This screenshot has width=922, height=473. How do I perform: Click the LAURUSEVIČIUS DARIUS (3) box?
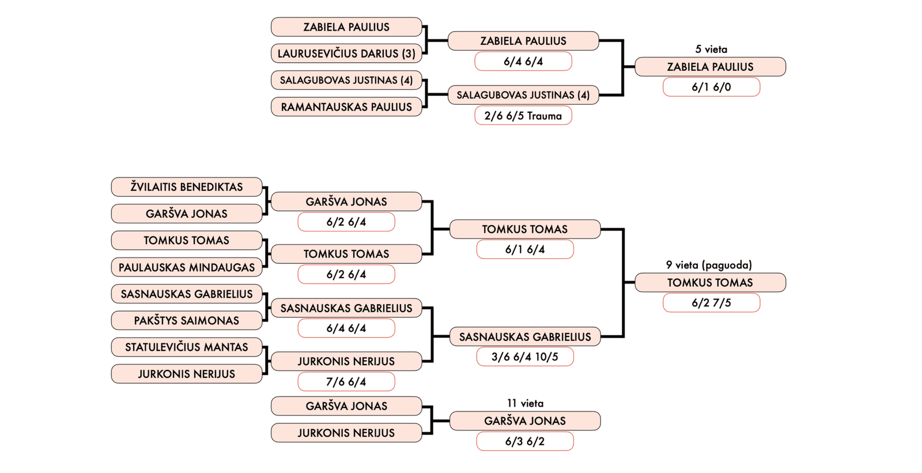click(x=346, y=54)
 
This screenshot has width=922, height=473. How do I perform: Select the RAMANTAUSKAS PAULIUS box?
click(x=346, y=107)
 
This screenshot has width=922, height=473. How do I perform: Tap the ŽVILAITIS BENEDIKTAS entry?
click(x=186, y=187)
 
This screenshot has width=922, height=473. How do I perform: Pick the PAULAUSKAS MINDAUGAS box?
click(x=186, y=267)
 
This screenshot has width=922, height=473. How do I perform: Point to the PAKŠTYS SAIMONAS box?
click(x=186, y=320)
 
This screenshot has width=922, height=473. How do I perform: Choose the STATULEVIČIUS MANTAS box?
click(x=186, y=347)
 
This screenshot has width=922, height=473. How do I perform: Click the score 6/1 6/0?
click(x=711, y=87)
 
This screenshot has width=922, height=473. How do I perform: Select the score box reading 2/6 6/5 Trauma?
click(x=523, y=116)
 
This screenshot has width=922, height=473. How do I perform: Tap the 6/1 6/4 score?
click(x=524, y=249)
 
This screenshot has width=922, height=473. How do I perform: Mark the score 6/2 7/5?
click(x=711, y=303)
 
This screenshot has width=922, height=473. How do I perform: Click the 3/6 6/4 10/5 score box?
click(x=524, y=357)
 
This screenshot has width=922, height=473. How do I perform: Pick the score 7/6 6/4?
click(x=346, y=381)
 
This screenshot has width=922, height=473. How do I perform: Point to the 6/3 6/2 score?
click(x=524, y=441)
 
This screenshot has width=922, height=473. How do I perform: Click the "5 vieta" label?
click(x=711, y=50)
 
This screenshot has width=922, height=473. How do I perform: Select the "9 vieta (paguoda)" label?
click(x=709, y=265)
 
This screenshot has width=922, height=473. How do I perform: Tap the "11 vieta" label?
click(x=525, y=403)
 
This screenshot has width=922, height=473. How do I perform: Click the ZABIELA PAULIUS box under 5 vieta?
click(x=710, y=67)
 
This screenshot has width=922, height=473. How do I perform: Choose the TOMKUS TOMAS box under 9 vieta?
click(x=710, y=282)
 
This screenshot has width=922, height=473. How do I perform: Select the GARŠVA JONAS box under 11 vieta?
click(x=524, y=421)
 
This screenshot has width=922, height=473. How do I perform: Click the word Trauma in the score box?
click(x=544, y=116)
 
